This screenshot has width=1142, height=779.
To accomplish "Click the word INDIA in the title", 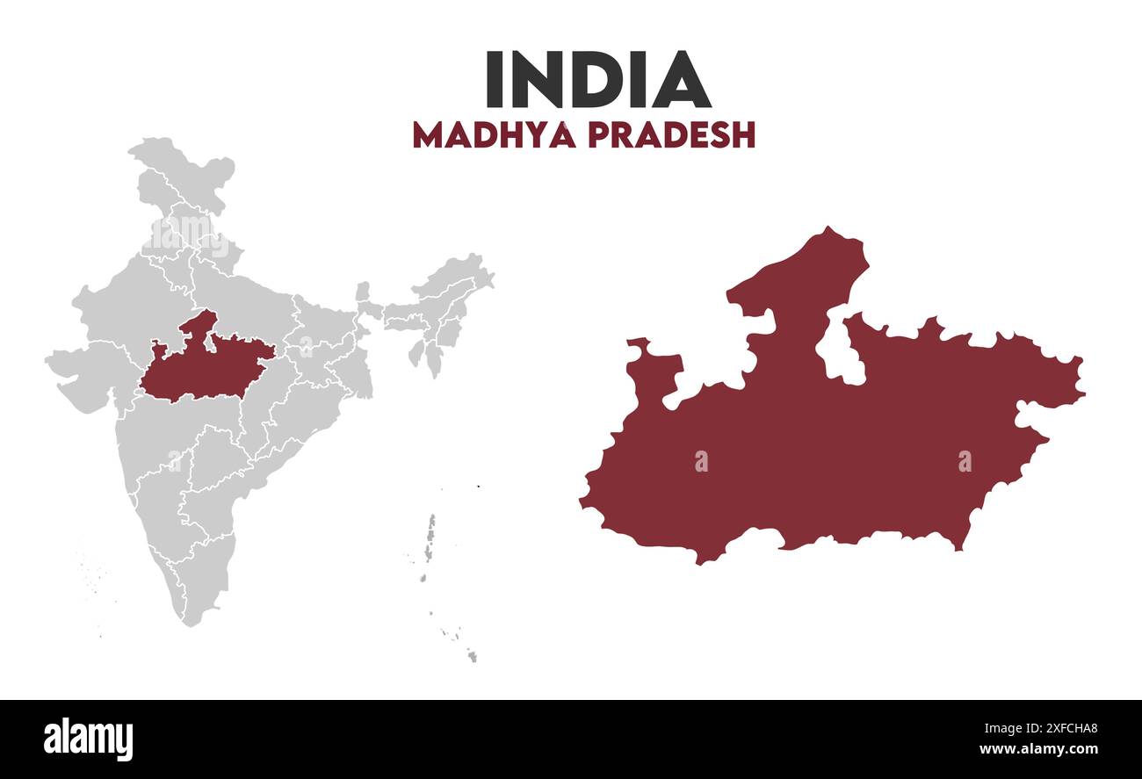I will pos(597,80).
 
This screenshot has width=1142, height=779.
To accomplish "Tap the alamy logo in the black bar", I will pos(89,739).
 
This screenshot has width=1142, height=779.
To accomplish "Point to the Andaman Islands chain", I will pos(430,536).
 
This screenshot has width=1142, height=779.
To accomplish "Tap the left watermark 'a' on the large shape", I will pos(701,461).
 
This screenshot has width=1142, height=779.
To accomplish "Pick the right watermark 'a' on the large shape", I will pos(965,461).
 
